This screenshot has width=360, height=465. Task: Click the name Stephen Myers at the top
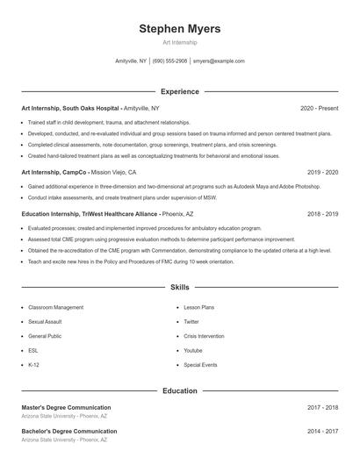(180, 29)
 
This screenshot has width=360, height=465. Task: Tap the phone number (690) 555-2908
(170, 61)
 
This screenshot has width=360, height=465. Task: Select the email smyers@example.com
(219, 61)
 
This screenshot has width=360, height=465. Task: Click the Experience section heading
(180, 91)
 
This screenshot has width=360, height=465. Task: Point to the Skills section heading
(180, 287)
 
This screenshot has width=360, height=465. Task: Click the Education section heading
(180, 390)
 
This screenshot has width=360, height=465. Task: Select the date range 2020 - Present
(319, 108)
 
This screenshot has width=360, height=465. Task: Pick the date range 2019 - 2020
(322, 172)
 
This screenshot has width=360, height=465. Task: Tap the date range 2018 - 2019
(322, 213)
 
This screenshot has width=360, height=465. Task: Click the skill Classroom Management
(55, 308)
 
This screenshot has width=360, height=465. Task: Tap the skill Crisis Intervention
(204, 336)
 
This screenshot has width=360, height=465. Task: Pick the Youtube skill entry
(193, 350)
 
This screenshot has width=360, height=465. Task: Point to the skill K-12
(33, 364)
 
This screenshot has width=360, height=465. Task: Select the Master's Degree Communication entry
(66, 407)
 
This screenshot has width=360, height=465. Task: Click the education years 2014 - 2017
(322, 432)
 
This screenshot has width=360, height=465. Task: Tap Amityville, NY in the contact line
(131, 61)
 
